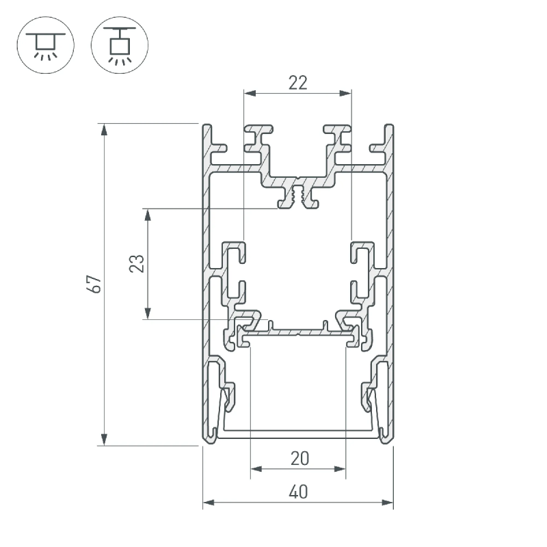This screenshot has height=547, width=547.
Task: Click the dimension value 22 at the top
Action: click(298, 83)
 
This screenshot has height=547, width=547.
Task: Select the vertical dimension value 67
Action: click(95, 284)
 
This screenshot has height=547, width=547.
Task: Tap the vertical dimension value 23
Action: click(137, 263)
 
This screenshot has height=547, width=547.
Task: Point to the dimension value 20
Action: click(299, 458)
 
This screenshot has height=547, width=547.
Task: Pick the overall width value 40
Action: click(298, 492)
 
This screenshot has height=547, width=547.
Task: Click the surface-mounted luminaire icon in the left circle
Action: click(46, 45)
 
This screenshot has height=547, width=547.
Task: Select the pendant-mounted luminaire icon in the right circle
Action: click(120, 46)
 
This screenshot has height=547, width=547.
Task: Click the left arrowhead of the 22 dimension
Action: click(250, 93)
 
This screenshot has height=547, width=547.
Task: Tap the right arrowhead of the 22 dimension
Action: click(345, 93)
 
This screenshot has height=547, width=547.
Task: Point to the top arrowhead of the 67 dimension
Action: click(104, 129)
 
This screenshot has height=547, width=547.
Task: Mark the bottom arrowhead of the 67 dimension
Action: click(104, 440)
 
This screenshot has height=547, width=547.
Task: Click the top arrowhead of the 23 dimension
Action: click(148, 215)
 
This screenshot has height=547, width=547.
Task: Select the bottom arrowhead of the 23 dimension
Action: click(148, 313)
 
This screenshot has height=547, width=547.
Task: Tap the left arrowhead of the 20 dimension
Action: click(256, 468)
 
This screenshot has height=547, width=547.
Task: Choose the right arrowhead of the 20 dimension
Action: click(339, 468)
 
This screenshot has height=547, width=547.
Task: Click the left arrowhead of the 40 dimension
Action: click(209, 503)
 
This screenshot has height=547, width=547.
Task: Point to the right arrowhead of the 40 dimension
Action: click(387, 503)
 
